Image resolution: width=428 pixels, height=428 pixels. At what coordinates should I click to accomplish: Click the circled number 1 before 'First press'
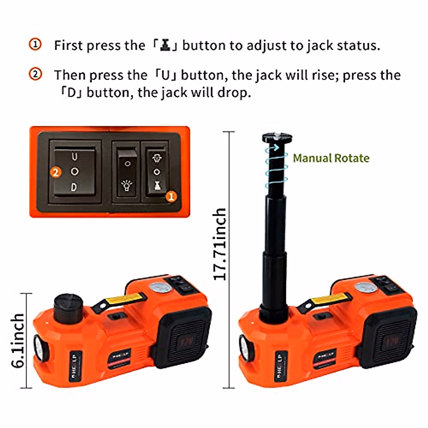pos(35,45)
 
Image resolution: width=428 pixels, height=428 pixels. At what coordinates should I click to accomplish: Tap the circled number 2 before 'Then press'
pos(35,75)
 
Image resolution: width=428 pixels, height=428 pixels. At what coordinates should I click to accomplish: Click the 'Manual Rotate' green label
pos(331,158)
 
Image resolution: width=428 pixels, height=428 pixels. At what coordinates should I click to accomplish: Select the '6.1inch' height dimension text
pos(18,340)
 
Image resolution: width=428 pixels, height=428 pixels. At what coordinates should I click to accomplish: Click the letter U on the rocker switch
pos(75,157)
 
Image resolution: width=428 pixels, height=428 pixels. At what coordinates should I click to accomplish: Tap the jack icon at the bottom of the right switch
pos(157,185)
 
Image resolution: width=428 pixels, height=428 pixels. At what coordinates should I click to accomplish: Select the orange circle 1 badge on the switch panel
pos(172,196)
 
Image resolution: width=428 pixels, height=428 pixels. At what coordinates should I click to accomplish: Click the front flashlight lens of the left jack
pos(38,346)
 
